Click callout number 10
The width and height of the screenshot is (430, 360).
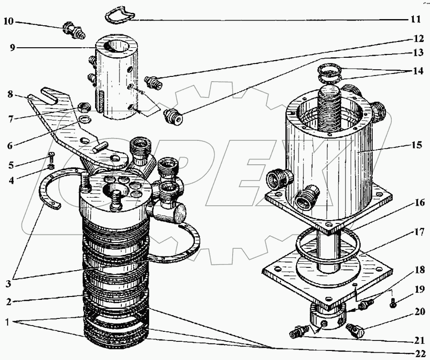pyautogui.click(x=9, y=21)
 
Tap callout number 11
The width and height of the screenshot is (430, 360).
pyautogui.click(x=416, y=19)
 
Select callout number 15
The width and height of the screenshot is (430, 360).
pyautogui.click(x=417, y=145)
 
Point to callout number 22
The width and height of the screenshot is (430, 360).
pyautogui.click(x=419, y=353)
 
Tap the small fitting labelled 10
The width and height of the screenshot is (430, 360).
pyautogui.click(x=74, y=31)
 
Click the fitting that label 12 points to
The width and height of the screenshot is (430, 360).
pyautogui.click(x=153, y=82)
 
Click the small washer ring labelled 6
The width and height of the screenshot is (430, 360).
pyautogui.click(x=85, y=119)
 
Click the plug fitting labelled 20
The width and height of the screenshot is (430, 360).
pyautogui.click(x=355, y=330)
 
